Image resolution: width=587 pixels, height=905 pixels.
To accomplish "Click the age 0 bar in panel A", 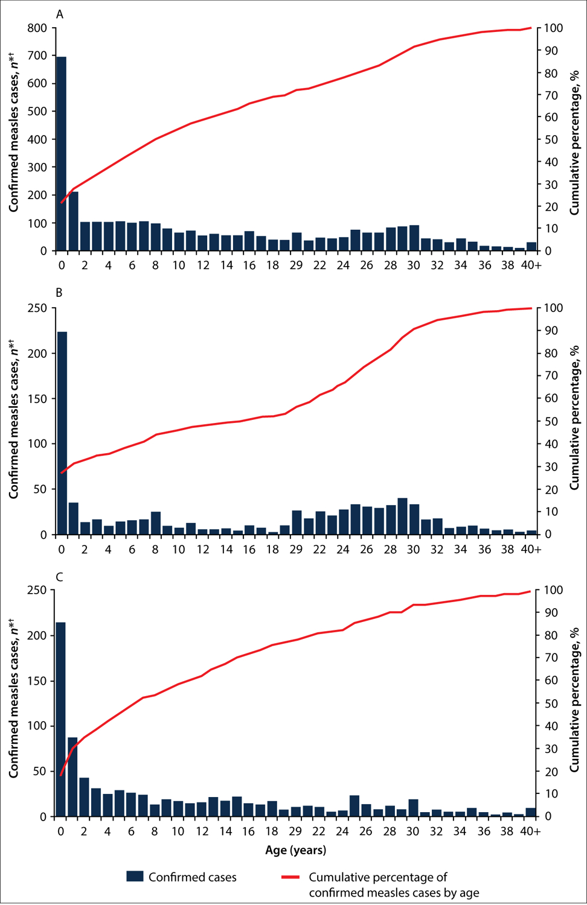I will click(61, 154).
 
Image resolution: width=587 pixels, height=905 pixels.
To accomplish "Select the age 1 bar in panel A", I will click(73, 221).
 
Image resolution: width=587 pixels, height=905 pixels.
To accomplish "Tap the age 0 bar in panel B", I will click(62, 433).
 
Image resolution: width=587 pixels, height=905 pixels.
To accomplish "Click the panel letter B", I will click(59, 293).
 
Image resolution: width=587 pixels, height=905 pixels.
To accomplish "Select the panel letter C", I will click(59, 577).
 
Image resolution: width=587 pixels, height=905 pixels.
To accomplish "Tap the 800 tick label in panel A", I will click(37, 28).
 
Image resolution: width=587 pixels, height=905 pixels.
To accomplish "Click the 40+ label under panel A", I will click(531, 265).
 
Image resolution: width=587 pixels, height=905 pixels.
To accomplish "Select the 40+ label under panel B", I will click(531, 549).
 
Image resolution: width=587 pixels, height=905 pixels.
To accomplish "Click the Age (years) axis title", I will click(295, 850).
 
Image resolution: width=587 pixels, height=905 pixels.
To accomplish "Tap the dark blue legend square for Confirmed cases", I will click(135, 877).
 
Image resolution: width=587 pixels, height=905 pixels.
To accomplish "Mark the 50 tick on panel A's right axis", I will click(551, 139).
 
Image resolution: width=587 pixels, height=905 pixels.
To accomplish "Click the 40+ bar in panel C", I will click(531, 812).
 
